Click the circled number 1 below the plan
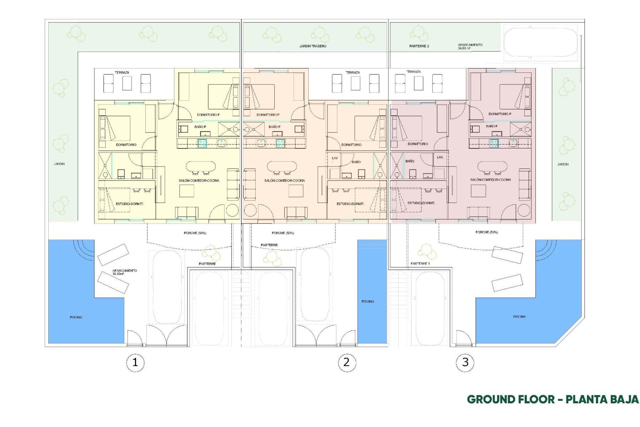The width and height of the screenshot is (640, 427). tap(135, 362)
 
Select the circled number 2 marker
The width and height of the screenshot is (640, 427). tap(347, 362)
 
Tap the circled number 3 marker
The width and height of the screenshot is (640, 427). tap(465, 362)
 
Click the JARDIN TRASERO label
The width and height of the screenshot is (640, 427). tap(313, 46)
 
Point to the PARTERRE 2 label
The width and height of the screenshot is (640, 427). tap(419, 46)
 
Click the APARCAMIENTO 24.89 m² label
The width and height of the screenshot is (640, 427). tap(470, 46)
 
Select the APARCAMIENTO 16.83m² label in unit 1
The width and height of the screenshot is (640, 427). tap(124, 272)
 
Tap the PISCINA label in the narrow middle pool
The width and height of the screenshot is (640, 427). tap(368, 301)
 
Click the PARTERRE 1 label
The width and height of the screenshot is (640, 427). tap(420, 264)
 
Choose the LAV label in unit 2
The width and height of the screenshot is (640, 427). tap(335, 158)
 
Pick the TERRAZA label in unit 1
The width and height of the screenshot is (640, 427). tap(122, 72)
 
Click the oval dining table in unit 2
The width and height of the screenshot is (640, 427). tap(282, 166)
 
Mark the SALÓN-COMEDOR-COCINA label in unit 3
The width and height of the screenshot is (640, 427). tap(490, 179)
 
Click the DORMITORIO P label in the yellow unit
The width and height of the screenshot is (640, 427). tap(208, 115)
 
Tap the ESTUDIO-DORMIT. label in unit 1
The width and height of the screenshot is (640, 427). tap(130, 203)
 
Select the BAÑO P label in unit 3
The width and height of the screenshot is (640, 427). tap(492, 126)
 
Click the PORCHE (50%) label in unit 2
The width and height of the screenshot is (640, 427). tap(283, 233)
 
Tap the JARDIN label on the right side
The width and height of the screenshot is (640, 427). tap(563, 164)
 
